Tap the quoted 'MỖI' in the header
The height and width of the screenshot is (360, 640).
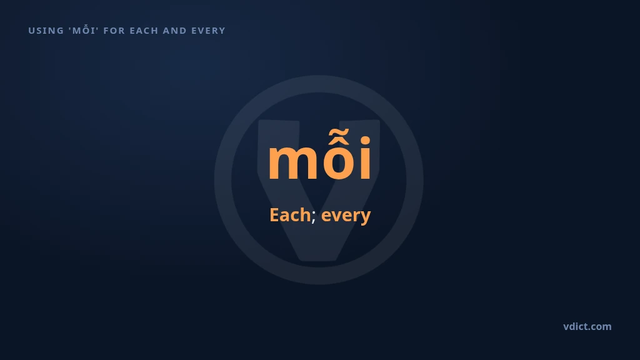(x=84, y=30)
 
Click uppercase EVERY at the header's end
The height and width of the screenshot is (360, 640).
(x=209, y=31)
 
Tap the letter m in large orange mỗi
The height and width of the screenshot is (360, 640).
(x=291, y=162)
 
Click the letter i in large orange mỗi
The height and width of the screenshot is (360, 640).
(x=365, y=158)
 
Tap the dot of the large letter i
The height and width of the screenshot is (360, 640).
(x=365, y=141)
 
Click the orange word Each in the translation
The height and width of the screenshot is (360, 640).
(x=290, y=215)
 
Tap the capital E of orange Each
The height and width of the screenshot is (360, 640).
(x=274, y=215)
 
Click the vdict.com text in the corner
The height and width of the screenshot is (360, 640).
(x=587, y=326)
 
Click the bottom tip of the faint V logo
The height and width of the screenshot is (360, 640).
(x=319, y=260)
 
